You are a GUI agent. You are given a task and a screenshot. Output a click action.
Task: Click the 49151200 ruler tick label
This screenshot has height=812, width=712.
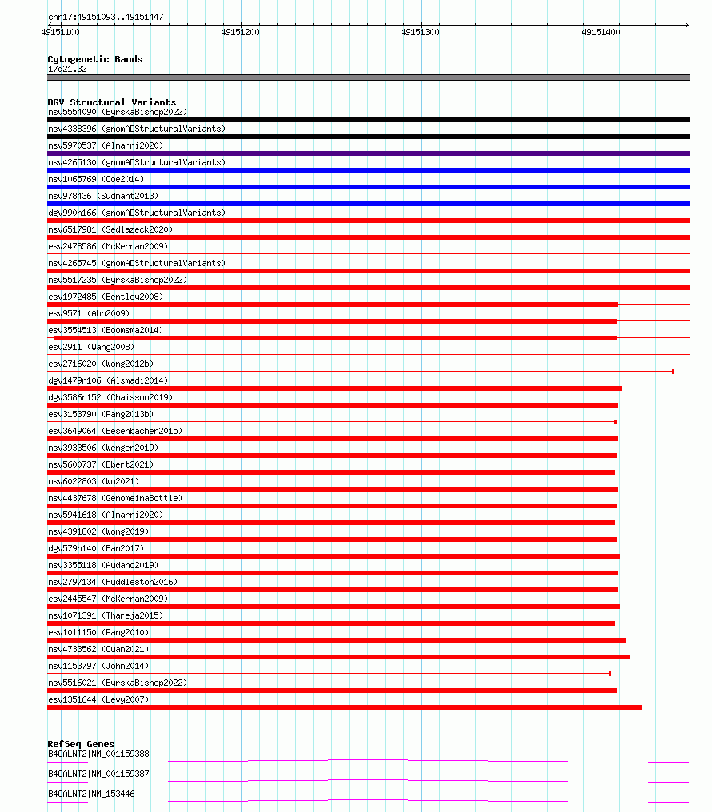tap(240, 32)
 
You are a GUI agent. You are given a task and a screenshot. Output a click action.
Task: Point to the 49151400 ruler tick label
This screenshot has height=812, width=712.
tap(601, 32)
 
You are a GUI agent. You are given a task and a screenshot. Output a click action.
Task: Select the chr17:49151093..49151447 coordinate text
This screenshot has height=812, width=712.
tap(106, 16)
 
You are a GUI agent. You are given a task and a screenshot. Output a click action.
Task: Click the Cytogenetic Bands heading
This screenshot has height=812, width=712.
tap(94, 59)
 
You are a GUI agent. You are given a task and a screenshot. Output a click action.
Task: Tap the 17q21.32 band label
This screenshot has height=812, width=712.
tap(67, 69)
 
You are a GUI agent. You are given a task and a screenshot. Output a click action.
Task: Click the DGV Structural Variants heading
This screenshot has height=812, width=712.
tap(111, 102)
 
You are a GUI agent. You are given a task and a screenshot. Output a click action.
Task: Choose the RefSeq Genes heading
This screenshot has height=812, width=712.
tap(81, 744)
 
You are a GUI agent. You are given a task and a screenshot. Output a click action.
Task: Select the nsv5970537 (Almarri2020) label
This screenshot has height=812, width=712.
tap(106, 145)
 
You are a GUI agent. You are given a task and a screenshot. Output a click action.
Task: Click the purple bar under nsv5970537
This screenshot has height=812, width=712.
tap(368, 153)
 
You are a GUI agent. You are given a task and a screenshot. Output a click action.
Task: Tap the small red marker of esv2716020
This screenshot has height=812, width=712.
tap(673, 372)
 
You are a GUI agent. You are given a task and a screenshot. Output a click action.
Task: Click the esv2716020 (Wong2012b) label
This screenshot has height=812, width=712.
tap(101, 364)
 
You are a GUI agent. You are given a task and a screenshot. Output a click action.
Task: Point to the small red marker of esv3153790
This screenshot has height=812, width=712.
tap(615, 422)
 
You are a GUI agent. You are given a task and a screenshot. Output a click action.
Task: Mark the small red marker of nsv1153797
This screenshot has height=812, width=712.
tap(610, 674)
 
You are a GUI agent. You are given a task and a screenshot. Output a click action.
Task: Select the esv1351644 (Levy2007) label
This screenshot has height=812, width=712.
tap(98, 699)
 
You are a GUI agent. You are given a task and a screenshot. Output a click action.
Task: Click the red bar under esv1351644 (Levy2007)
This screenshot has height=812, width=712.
tap(344, 707)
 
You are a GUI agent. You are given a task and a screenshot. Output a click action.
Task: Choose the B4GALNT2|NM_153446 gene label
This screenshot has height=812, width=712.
tap(91, 794)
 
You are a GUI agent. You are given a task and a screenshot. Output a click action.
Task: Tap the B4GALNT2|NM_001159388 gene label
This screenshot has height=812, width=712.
tap(98, 754)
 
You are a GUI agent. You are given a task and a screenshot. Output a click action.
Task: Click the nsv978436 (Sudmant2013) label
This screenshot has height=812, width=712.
tap(103, 196)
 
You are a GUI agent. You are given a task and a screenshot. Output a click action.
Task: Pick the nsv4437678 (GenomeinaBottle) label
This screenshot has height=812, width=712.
tap(115, 498)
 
